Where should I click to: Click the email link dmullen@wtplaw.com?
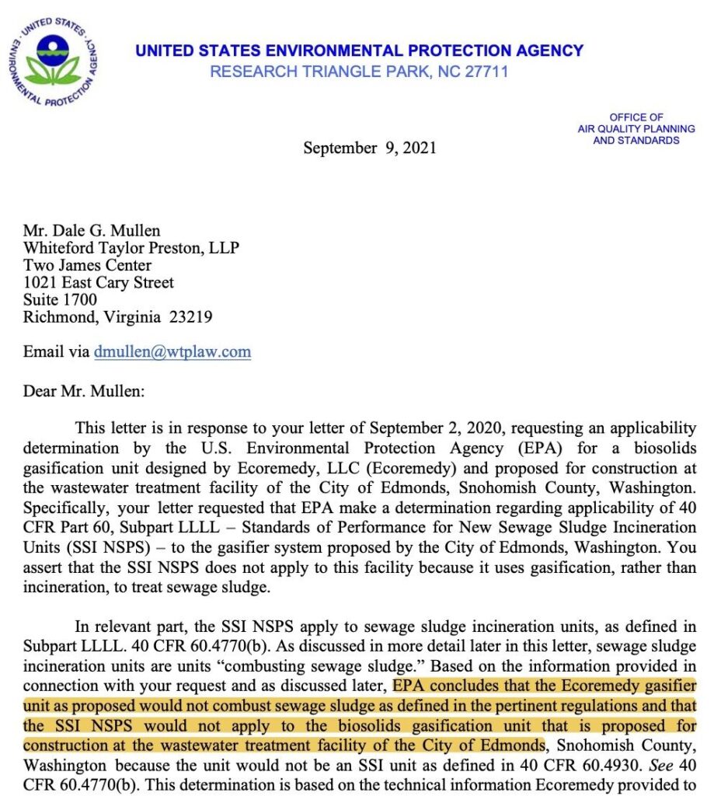[x=172, y=351]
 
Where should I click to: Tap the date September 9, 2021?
[x=369, y=148]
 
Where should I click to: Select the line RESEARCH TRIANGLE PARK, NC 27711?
[x=359, y=72]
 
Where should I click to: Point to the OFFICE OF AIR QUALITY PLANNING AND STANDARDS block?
[x=636, y=128]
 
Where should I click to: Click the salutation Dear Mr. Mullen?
[x=83, y=390]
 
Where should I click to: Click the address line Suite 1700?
[x=60, y=299]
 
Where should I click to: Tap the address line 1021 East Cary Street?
[x=99, y=282]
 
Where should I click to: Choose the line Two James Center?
[x=87, y=265]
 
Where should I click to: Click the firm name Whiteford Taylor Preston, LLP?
[x=131, y=248]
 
